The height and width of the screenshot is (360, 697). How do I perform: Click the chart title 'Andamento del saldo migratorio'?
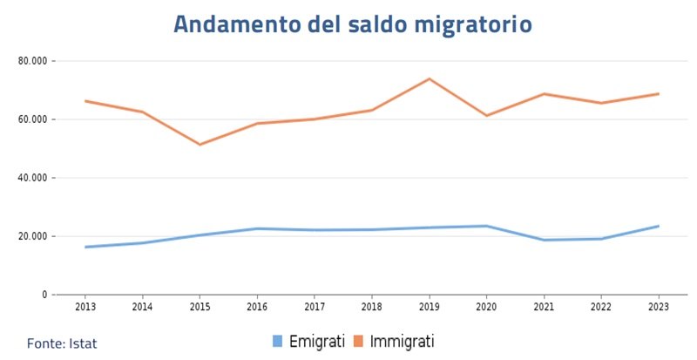[352, 24]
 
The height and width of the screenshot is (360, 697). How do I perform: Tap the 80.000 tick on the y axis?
[32, 61]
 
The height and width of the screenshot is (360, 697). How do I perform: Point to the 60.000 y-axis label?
[32, 119]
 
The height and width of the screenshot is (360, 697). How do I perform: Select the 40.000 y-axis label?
[32, 178]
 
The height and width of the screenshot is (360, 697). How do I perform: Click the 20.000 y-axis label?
[32, 236]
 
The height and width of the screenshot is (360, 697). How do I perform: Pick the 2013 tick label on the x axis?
[85, 307]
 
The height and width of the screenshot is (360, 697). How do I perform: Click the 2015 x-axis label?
[200, 307]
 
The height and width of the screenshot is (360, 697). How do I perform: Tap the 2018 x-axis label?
[372, 307]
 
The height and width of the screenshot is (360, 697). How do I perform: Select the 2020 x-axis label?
[487, 307]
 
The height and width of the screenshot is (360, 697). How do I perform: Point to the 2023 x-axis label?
[659, 307]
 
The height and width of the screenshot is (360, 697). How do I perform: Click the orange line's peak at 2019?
[430, 79]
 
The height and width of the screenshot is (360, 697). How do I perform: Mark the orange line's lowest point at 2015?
[200, 145]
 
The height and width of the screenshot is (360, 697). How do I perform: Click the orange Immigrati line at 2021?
[545, 94]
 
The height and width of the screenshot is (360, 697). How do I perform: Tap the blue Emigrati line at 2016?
[258, 228]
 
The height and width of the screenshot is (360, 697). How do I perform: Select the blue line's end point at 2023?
[659, 226]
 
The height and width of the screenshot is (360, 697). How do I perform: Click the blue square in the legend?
[278, 341]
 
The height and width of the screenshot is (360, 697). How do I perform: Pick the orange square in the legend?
[358, 341]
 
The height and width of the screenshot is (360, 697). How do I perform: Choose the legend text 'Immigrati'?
[402, 341]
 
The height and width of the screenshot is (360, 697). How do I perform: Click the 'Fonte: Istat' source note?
[62, 343]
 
